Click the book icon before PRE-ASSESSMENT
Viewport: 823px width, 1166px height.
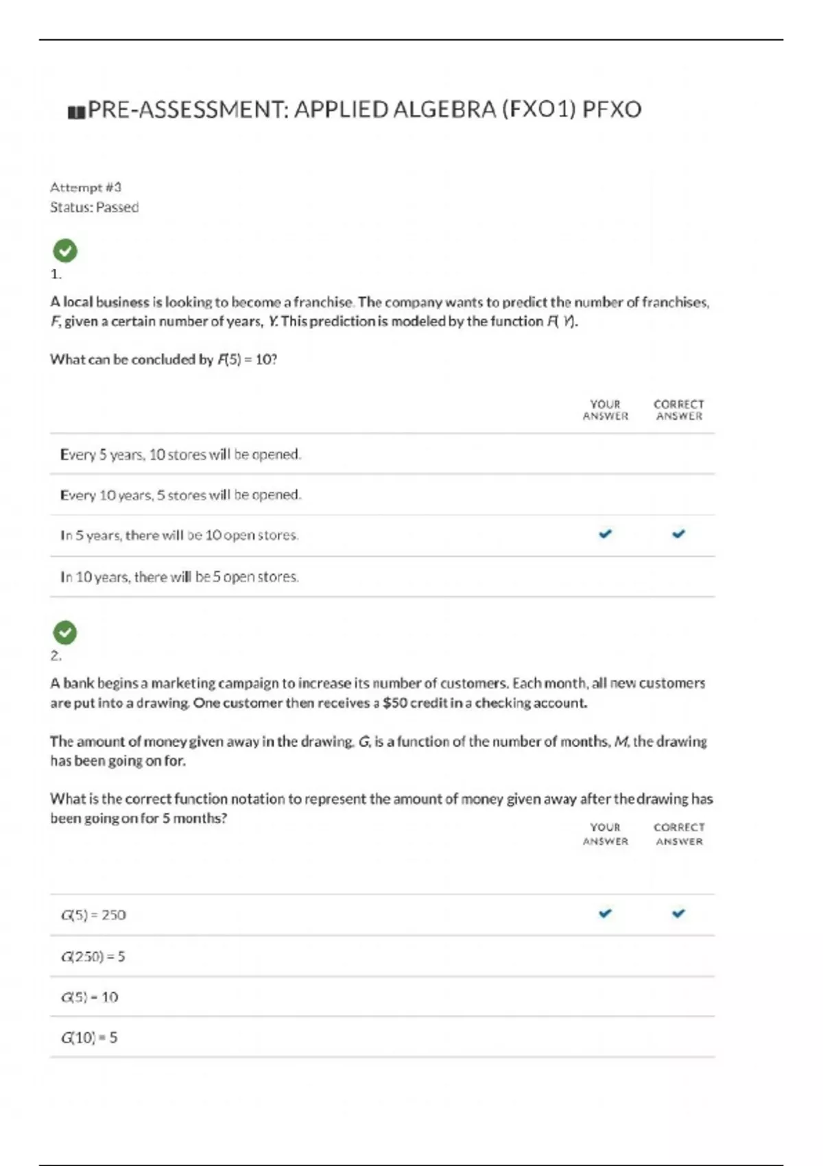76,112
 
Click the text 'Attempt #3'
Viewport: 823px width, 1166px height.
86,187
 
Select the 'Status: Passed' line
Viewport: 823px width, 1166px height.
94,207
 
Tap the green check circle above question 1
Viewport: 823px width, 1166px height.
65,250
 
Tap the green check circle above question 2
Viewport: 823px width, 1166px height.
65,632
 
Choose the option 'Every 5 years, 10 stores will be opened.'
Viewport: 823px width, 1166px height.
180,454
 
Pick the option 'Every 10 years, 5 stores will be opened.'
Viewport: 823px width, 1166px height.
180,495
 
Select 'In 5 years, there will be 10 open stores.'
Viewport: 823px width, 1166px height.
179,535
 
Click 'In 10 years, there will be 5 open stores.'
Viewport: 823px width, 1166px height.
179,577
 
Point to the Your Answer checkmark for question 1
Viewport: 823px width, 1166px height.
605,534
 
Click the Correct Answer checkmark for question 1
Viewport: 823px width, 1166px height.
678,534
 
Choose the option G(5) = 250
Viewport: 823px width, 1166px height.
93,915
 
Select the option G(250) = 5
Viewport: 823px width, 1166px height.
93,956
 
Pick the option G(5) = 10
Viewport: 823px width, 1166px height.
89,997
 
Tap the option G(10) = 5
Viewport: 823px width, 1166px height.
89,1038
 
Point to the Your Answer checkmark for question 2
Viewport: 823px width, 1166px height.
605,914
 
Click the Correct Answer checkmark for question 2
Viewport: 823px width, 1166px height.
678,914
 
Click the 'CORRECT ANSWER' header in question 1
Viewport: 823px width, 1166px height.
679,410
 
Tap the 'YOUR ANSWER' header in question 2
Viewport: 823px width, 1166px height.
605,834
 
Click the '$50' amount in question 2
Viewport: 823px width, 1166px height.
396,703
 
